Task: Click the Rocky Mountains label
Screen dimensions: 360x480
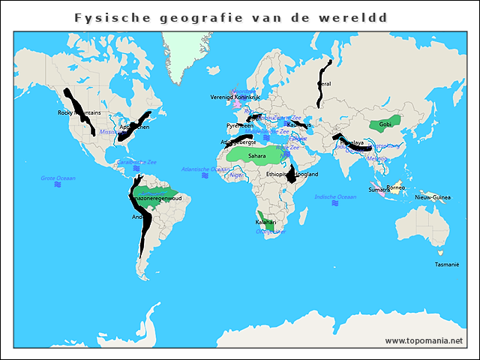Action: (x=79, y=113)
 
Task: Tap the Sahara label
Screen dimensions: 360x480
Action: (x=257, y=156)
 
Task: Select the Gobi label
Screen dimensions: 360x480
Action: (x=385, y=124)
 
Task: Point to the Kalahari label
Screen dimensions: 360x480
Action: (x=266, y=223)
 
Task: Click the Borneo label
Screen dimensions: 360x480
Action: (x=396, y=187)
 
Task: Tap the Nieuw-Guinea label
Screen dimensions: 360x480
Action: (x=433, y=197)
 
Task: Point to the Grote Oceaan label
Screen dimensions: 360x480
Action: (x=58, y=178)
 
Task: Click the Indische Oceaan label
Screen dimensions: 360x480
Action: (x=335, y=196)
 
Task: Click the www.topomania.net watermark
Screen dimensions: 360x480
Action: (x=424, y=340)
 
